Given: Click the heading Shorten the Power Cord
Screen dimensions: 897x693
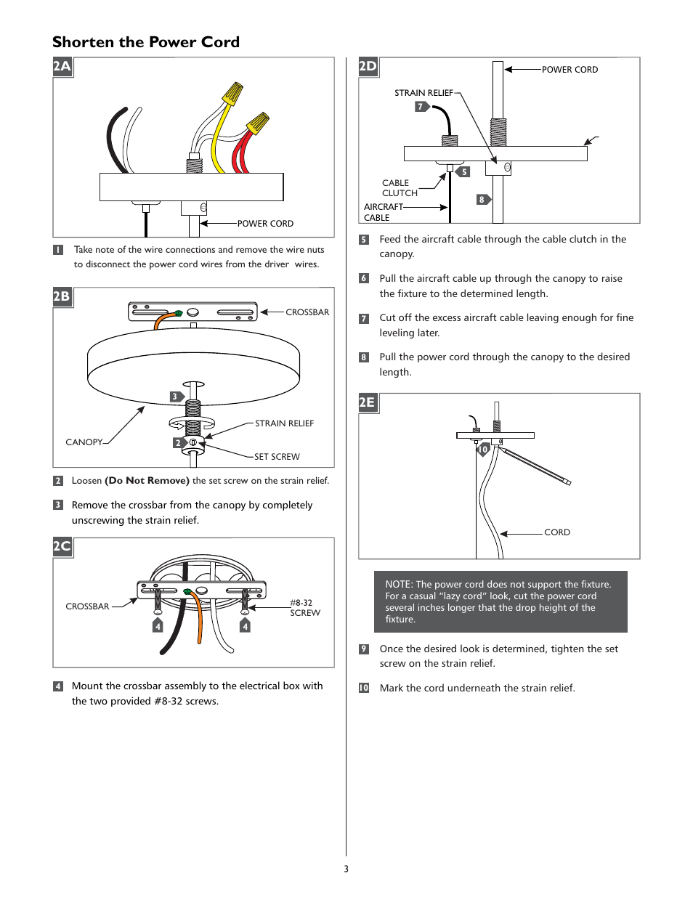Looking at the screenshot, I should [x=145, y=42].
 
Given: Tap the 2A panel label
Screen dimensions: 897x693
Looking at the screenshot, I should [x=62, y=67].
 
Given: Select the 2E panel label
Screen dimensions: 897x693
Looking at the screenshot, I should [x=368, y=402].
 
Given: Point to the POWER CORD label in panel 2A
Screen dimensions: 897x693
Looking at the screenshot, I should [x=265, y=224].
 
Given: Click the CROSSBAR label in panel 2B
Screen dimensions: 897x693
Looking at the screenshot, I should [x=307, y=312].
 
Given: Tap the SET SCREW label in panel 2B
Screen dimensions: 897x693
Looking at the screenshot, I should [x=277, y=457].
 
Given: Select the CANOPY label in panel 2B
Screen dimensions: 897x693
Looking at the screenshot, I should [x=84, y=442].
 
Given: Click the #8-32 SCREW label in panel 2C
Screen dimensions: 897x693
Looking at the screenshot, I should [x=304, y=608].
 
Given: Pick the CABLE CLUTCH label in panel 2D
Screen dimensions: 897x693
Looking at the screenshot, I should [x=400, y=188].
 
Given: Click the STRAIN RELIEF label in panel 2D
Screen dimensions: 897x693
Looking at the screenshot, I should [x=423, y=93].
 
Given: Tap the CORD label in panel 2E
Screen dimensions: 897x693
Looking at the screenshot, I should [x=557, y=532].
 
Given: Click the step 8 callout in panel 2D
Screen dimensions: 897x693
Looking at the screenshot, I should [x=482, y=200].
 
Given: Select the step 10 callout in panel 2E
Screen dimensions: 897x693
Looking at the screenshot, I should [x=483, y=450].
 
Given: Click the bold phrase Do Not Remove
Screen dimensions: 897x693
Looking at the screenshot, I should [x=147, y=481].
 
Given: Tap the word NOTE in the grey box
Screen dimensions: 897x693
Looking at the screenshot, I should [x=398, y=585].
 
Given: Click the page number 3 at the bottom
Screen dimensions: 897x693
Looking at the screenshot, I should [x=346, y=869].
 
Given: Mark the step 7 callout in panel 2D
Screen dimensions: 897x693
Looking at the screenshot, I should [x=421, y=107].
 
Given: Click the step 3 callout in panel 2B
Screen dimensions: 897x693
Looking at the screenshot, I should [x=175, y=397].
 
